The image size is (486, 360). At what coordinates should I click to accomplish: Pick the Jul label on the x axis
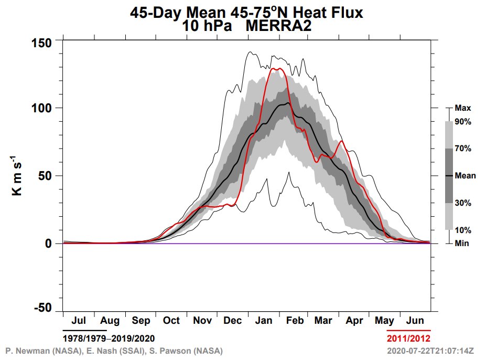coord(78,321)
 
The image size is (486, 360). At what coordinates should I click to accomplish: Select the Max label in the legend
coord(463,108)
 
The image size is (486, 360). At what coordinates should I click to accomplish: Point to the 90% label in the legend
coord(463,122)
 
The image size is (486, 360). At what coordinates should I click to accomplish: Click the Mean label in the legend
coord(465,176)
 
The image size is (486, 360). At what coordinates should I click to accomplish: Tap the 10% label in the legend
coord(463,230)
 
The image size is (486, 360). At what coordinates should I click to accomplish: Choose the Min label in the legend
coord(462,243)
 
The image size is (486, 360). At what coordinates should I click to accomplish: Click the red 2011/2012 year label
coord(408,337)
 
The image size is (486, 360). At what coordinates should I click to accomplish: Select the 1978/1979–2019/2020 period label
coord(109,337)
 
